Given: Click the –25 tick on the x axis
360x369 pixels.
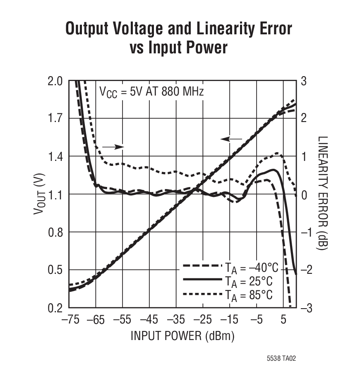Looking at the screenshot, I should [x=203, y=320].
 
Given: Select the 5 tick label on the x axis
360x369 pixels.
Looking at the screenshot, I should [x=283, y=320].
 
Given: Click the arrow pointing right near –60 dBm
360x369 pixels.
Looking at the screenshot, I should [x=113, y=146].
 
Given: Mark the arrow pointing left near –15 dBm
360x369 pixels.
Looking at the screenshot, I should [x=231, y=139].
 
